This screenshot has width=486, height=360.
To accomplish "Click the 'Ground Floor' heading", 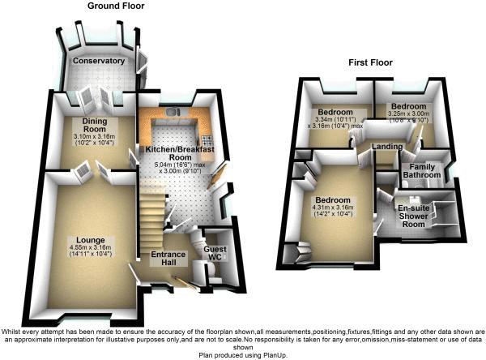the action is tap(116, 6).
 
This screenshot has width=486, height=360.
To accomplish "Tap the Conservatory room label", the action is tap(98, 61).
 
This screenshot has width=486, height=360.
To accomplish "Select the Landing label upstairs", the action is tap(388, 146).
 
